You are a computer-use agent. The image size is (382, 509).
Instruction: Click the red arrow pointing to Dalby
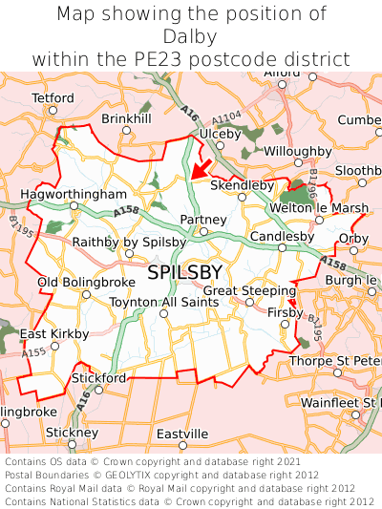[x=201, y=169]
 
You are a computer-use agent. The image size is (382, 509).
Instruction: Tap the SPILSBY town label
[x=185, y=273]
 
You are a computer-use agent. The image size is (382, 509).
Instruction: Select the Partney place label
[x=203, y=220]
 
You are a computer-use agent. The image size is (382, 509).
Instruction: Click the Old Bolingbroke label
[x=80, y=283]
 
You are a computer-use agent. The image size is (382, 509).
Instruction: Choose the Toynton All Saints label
[x=164, y=302]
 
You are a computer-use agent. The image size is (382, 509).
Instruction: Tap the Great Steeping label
[x=250, y=290]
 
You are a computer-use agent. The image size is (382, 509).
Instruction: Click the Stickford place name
[x=99, y=378]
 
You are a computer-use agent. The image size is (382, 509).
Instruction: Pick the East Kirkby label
[x=54, y=333]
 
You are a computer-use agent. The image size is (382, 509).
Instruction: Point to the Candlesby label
[x=282, y=236]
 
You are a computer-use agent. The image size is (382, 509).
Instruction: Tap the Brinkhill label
[x=126, y=118]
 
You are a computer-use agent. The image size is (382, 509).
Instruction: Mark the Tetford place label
[x=53, y=98]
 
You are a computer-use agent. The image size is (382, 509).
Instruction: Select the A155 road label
[x=33, y=353]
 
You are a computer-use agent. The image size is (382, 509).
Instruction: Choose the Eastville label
[x=181, y=434]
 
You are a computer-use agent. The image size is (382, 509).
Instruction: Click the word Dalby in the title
[x=191, y=36]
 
